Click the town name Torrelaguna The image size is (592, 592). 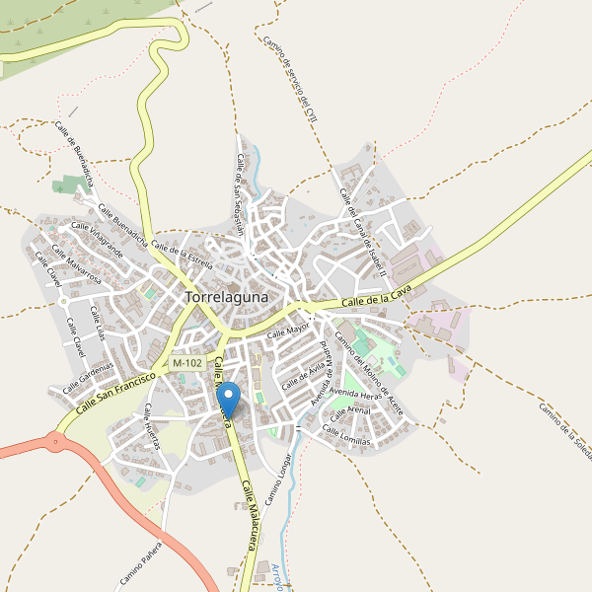click(234, 296)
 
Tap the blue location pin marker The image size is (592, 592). click(229, 400)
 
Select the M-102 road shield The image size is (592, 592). click(186, 363)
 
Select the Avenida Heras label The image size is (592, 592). click(355, 395)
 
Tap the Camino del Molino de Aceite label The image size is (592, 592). click(369, 373)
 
